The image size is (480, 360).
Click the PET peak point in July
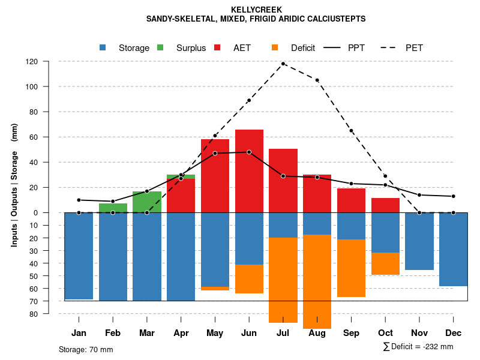(283, 64)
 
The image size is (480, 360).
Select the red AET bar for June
(249, 170)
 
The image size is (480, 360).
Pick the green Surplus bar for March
(147, 202)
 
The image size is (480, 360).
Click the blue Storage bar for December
(454, 249)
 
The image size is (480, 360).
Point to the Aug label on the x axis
(317, 333)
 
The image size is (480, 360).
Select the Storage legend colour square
(103, 47)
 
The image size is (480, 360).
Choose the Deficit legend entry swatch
(275, 47)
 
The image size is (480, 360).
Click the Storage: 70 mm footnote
(86, 349)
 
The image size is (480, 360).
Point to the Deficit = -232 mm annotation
(418, 347)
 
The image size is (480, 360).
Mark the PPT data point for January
(79, 200)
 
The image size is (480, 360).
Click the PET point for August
(317, 80)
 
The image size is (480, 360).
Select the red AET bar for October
(386, 205)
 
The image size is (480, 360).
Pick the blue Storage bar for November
(419, 241)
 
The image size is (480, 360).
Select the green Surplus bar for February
(113, 208)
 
